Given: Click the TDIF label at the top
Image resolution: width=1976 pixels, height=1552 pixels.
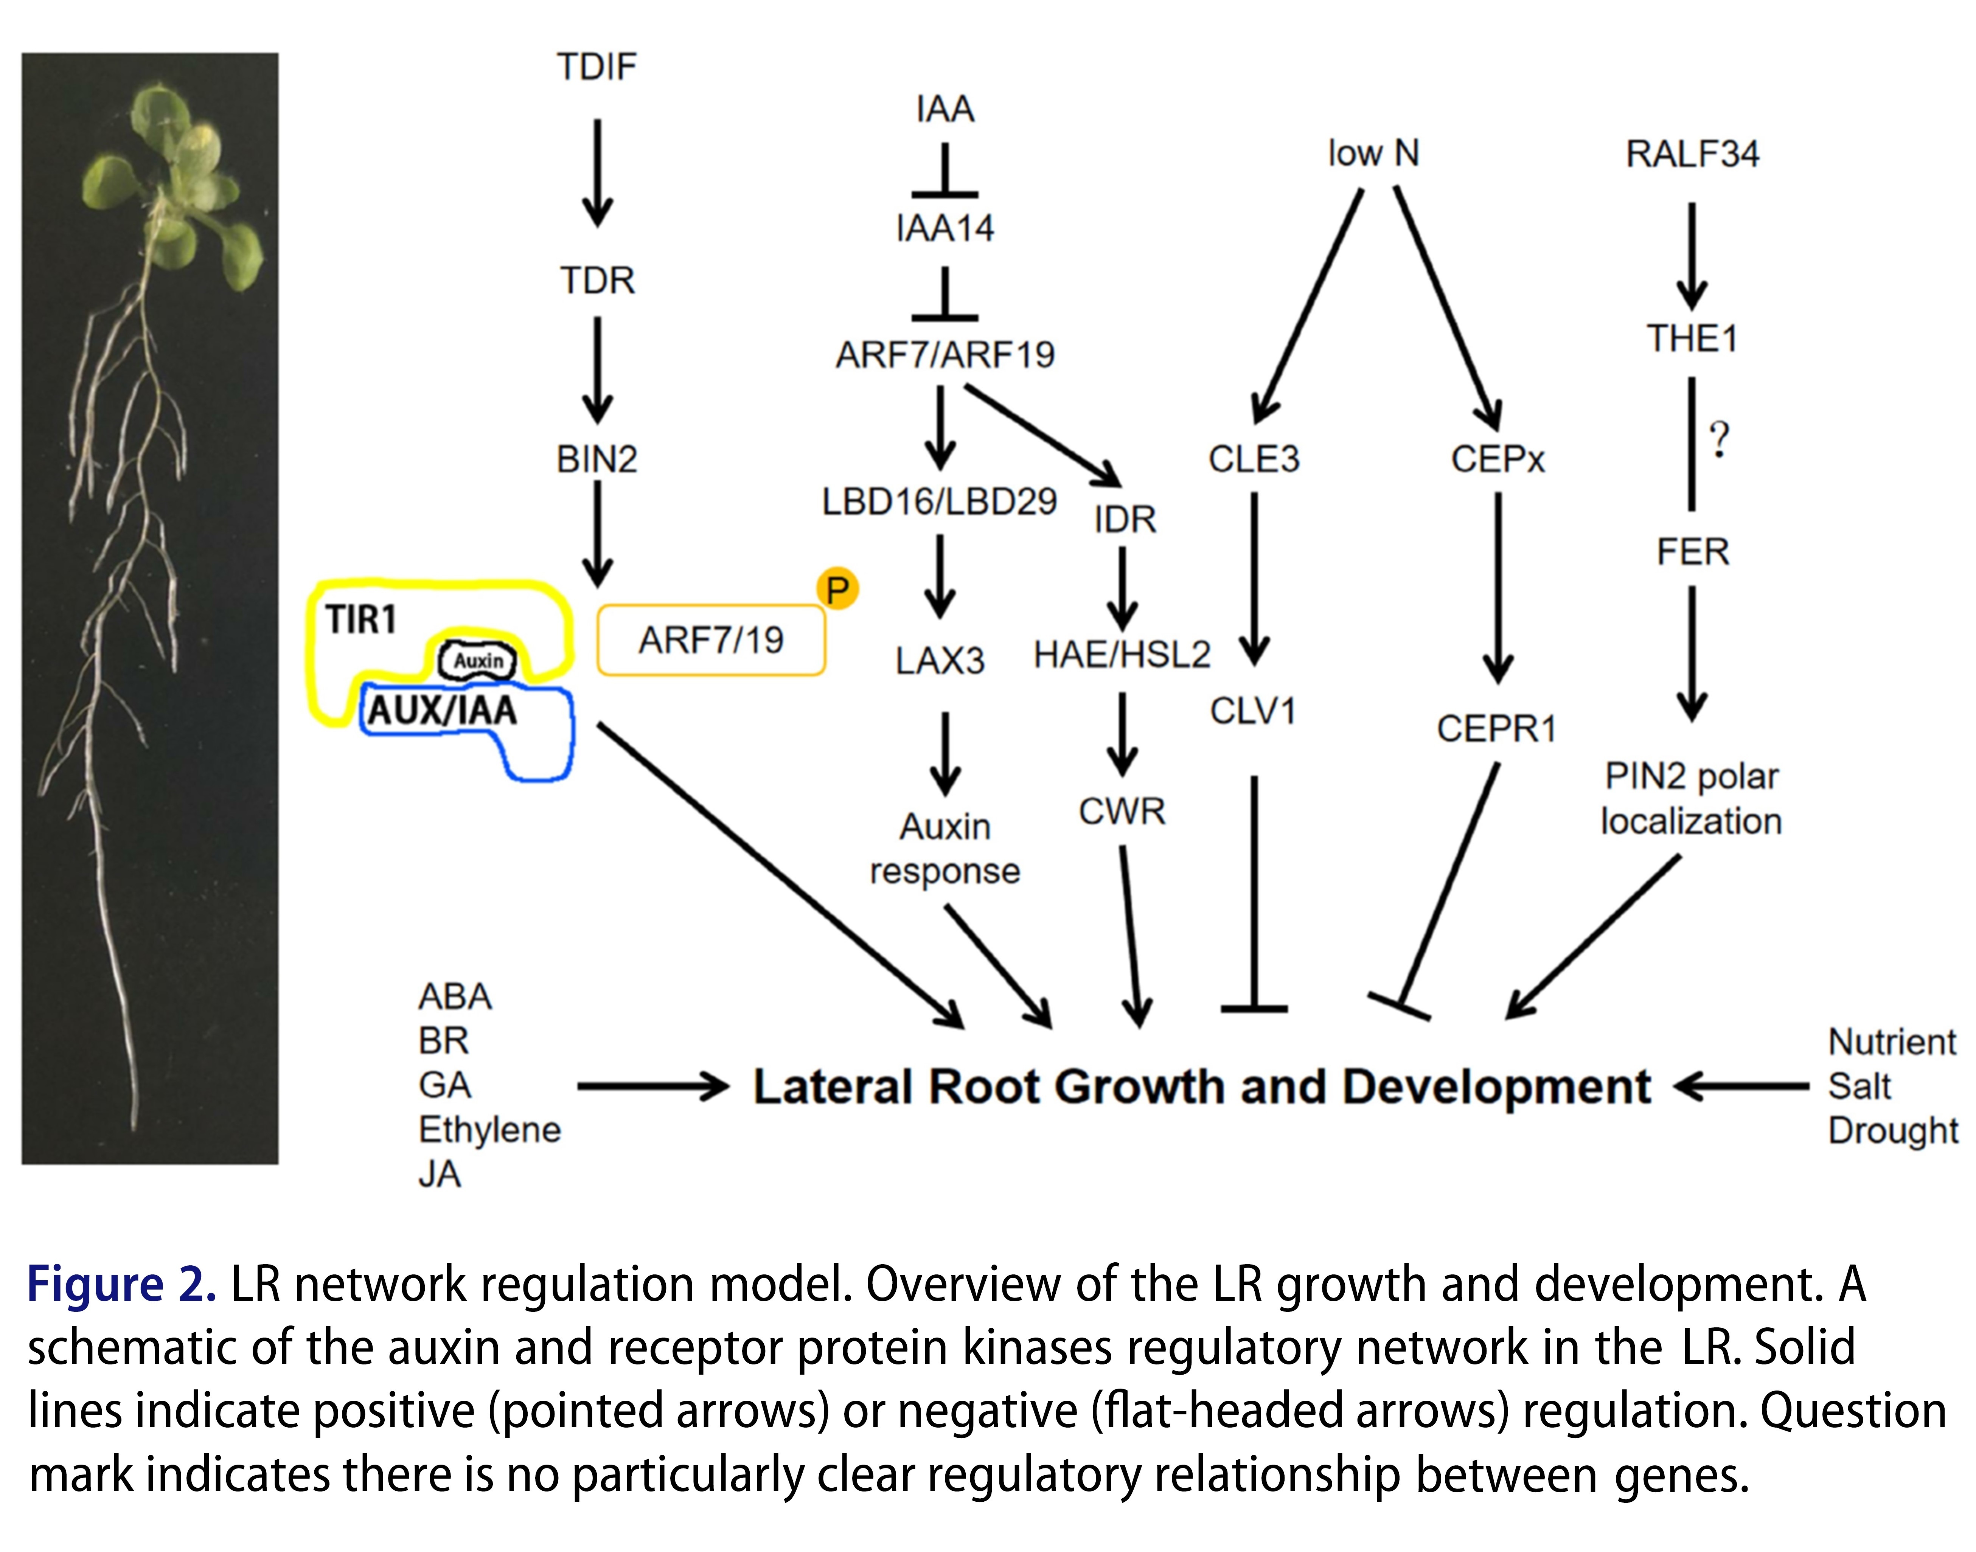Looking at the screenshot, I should tap(596, 67).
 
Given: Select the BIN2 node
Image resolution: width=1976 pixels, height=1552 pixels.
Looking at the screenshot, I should tap(596, 459).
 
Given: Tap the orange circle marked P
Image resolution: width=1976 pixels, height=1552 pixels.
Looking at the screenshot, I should tap(837, 589).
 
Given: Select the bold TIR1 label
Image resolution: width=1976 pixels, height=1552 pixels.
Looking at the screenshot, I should tap(361, 620).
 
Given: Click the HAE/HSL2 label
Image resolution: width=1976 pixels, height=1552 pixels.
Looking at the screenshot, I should tap(1122, 654).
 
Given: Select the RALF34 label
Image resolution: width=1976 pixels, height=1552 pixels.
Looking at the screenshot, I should tap(1692, 154).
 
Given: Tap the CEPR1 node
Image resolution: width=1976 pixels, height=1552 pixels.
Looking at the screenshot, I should tap(1496, 729).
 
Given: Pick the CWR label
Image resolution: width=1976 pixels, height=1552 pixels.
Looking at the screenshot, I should tap(1122, 810).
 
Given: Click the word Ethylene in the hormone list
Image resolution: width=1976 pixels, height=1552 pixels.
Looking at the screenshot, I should tap(489, 1130).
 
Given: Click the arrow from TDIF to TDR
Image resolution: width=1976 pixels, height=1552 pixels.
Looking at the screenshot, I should tap(596, 173).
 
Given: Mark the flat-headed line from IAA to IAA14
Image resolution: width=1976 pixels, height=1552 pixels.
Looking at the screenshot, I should tap(945, 173).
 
